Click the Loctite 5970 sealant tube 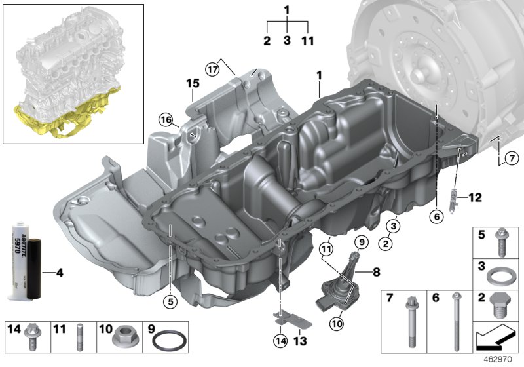20,261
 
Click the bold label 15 191,84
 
